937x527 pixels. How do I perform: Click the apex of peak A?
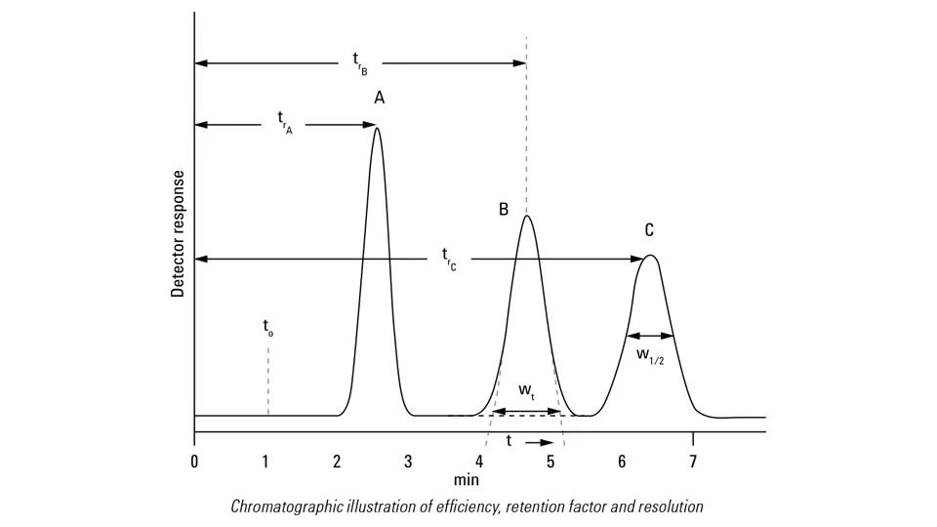coord(377,128)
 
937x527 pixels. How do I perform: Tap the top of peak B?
coord(527,216)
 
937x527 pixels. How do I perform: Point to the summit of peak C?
coord(650,256)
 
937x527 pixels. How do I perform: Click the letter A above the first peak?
coord(379,98)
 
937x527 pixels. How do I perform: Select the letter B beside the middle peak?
coord(504,209)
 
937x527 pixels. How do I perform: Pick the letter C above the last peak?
coord(649,230)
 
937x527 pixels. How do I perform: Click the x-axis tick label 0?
coord(194,461)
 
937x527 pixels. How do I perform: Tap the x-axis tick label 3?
coord(408,461)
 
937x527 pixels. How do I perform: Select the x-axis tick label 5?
coord(550,461)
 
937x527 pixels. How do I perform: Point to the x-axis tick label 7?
coord(693,461)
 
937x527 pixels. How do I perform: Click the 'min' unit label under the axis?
coord(466,480)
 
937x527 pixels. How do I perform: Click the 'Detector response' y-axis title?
coord(178,233)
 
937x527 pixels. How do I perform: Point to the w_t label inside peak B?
coord(525,391)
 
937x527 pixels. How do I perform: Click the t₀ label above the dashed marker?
coord(267,328)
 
